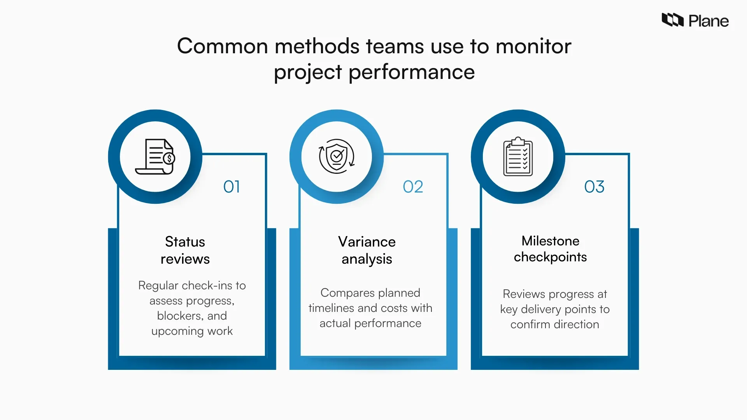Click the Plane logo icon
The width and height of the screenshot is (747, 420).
point(672,20)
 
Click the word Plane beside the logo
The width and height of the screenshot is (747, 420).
point(708,21)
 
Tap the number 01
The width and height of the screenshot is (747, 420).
point(231,187)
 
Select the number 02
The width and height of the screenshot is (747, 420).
point(413,187)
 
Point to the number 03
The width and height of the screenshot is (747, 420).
point(594,187)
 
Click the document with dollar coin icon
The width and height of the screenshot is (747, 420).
point(155,157)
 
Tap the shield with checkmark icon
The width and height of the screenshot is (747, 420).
point(337,156)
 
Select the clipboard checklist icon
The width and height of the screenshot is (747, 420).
point(518,156)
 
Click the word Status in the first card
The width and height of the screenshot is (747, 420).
point(185,242)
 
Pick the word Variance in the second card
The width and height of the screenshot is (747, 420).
point(366,242)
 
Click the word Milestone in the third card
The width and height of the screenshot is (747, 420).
point(550,241)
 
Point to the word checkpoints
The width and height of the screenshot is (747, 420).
point(550,257)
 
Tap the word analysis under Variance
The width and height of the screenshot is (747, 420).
point(366,259)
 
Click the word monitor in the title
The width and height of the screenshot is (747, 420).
point(533,46)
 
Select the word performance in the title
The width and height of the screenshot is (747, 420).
point(412,72)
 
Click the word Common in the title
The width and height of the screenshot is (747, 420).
point(223,46)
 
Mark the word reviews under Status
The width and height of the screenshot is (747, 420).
point(185,259)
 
